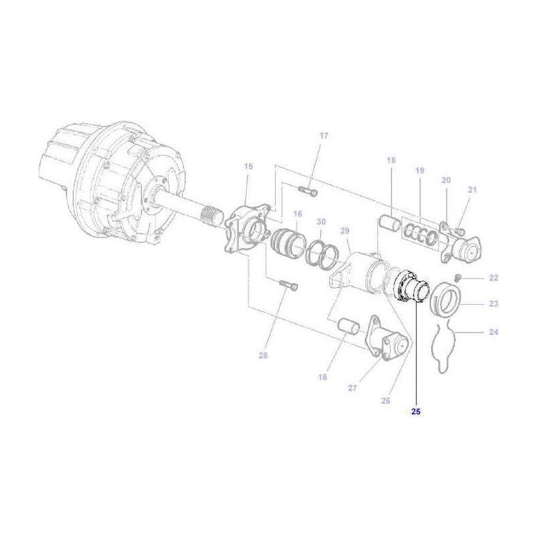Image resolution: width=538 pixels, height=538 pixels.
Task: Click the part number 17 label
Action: [323, 136]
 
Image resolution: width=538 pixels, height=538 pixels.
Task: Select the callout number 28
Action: [264, 356]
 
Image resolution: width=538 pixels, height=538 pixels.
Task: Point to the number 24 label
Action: [494, 332]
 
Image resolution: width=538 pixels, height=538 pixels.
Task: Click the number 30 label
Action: [321, 222]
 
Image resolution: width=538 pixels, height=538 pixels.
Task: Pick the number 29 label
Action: [345, 231]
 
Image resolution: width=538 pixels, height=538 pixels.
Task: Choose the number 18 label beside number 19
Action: [391, 161]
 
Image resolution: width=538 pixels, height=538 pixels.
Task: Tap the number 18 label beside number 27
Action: [322, 378]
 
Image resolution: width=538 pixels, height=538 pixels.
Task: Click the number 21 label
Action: [471, 190]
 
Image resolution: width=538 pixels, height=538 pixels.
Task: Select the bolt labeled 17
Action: [309, 192]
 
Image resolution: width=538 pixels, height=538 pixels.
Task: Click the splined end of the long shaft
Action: [211, 217]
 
